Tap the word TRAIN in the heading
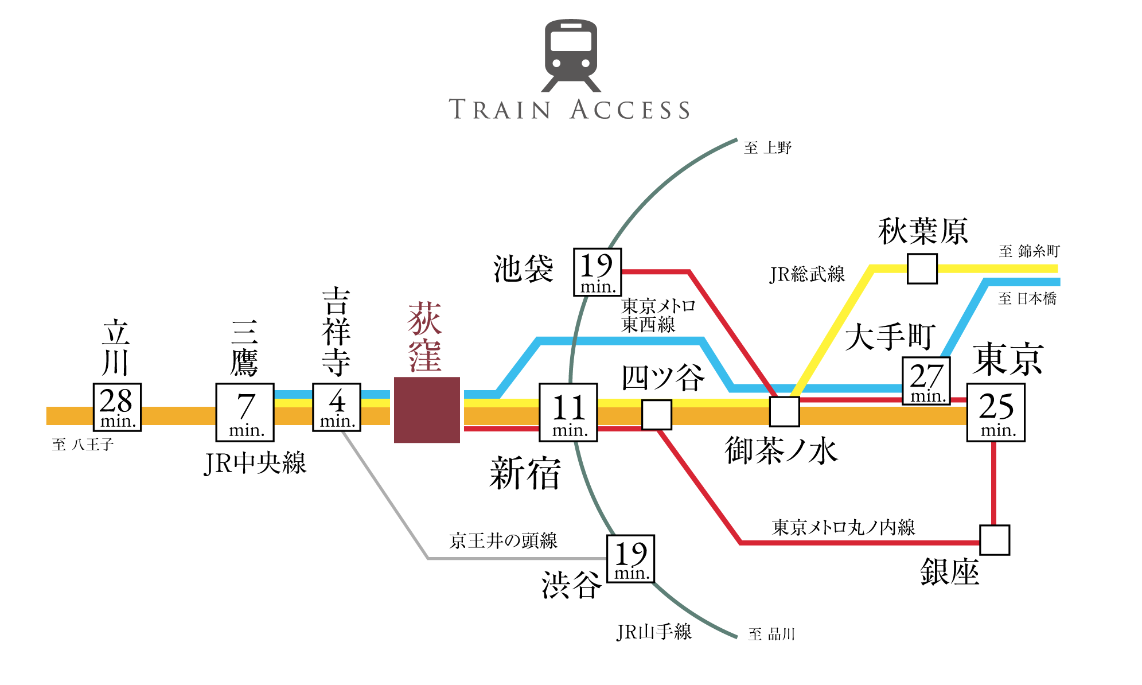coord(500,110)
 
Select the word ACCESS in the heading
coord(630,110)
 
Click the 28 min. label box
coord(117,407)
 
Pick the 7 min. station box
coord(245,412)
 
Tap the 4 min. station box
coord(337,407)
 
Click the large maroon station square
coord(427,410)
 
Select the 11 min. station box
coord(568,412)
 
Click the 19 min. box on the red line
coord(598,272)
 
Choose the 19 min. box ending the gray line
coord(630,559)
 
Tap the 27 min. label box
coord(926,381)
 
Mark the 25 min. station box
coord(996,412)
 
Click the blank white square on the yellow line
coord(922,268)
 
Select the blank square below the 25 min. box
coord(995,540)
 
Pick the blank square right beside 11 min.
coord(657,414)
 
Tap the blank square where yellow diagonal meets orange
coord(784,411)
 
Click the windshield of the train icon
coord(571,41)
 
